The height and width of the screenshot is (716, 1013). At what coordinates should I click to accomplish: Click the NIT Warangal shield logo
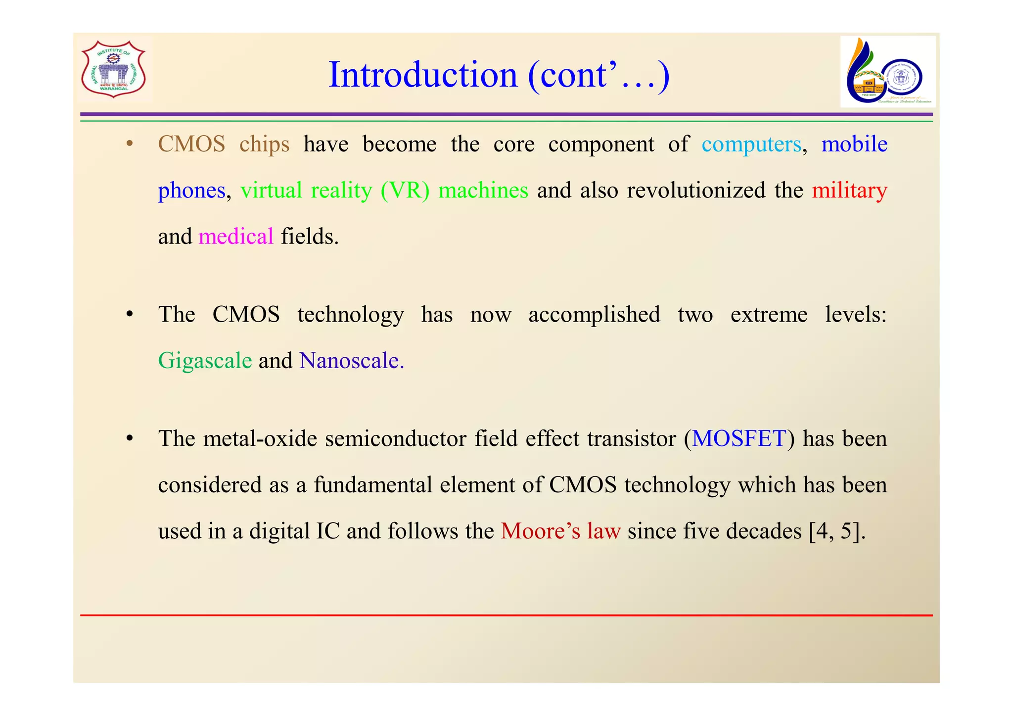pos(113,69)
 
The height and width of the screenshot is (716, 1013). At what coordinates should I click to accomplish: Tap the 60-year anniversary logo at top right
pos(887,72)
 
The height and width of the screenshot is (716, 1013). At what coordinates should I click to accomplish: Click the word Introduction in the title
pos(422,75)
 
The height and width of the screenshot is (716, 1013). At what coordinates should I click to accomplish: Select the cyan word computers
pos(751,144)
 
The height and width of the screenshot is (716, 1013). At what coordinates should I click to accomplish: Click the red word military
pos(849,191)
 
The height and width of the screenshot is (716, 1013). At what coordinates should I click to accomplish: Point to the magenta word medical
pos(236,237)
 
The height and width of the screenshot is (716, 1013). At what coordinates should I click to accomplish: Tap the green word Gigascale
pos(205,361)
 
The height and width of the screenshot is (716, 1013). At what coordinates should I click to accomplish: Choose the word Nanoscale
pos(351,361)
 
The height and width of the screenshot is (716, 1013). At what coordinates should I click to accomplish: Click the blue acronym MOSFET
pos(738,439)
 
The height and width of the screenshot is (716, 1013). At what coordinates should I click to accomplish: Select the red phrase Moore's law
pos(560,531)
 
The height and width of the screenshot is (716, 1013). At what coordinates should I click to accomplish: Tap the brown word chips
pos(264,144)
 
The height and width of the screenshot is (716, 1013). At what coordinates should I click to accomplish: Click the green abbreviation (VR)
pos(405,191)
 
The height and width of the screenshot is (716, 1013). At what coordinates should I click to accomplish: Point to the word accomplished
pos(594,315)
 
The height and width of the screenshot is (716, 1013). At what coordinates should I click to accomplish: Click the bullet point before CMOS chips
pos(130,145)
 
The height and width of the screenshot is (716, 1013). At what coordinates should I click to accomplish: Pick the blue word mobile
pos(854,144)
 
